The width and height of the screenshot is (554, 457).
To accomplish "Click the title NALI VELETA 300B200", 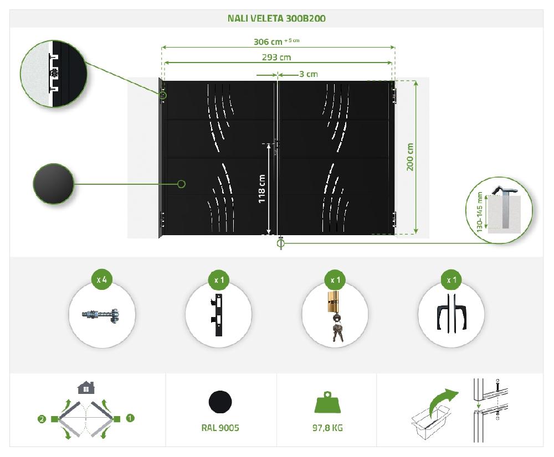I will pyautogui.click(x=276, y=18).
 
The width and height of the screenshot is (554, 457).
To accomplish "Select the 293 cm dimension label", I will pyautogui.click(x=276, y=57).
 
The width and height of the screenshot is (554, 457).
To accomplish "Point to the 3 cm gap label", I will pyautogui.click(x=308, y=74).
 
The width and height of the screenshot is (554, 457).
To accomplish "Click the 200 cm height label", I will pyautogui.click(x=411, y=157).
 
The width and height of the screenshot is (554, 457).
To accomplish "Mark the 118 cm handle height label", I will pyautogui.click(x=262, y=189).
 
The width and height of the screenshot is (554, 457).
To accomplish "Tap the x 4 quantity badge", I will pyautogui.click(x=101, y=280).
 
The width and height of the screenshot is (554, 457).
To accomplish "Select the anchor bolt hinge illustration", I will pyautogui.click(x=101, y=317).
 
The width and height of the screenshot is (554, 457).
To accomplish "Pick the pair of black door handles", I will pyautogui.click(x=451, y=316).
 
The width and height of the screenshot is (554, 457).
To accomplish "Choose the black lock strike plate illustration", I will pyautogui.click(x=218, y=316).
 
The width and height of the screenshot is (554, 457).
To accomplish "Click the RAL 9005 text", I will pyautogui.click(x=220, y=428).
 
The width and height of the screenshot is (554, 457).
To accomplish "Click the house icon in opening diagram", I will pyautogui.click(x=86, y=388).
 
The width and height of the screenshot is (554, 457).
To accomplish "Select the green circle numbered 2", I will pyautogui.click(x=42, y=419).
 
